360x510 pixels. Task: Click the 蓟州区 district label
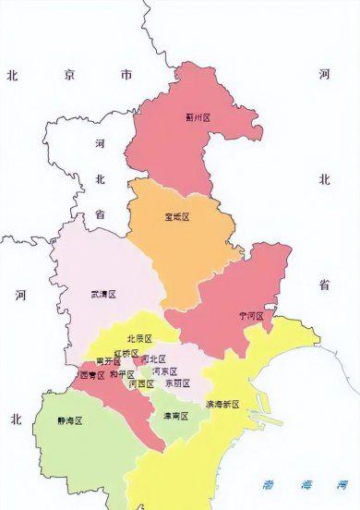(198, 117)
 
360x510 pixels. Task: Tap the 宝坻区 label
(175, 217)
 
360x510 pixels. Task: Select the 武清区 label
(102, 295)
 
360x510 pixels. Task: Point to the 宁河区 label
(251, 316)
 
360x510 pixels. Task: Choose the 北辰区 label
(139, 339)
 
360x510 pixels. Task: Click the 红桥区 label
(126, 354)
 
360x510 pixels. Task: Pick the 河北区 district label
(154, 358)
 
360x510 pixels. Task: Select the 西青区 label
(93, 376)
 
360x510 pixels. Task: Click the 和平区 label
(122, 375)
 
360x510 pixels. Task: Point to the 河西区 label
(141, 383)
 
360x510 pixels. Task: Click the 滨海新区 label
(222, 405)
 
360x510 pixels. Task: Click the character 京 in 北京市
(69, 75)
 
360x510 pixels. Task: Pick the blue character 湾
(342, 483)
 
